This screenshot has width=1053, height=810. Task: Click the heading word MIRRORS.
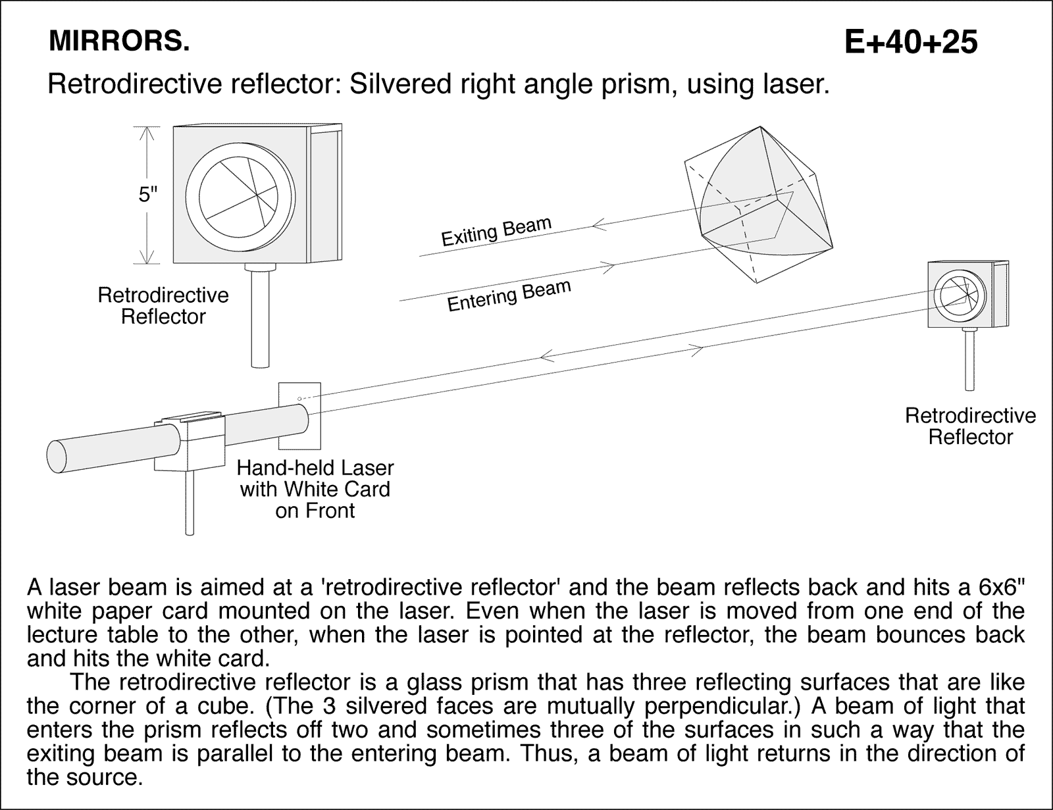(x=119, y=42)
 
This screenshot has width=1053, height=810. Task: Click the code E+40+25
(x=911, y=42)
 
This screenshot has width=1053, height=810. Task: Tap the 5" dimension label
(x=148, y=195)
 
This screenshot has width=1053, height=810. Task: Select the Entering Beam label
(x=508, y=296)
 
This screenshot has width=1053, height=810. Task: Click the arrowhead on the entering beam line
(x=608, y=266)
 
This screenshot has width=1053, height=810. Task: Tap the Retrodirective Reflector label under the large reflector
(x=163, y=305)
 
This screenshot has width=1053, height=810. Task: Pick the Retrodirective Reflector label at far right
(x=970, y=426)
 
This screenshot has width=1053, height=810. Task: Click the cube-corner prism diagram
(x=757, y=204)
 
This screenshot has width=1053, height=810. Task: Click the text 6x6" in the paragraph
(x=991, y=586)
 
